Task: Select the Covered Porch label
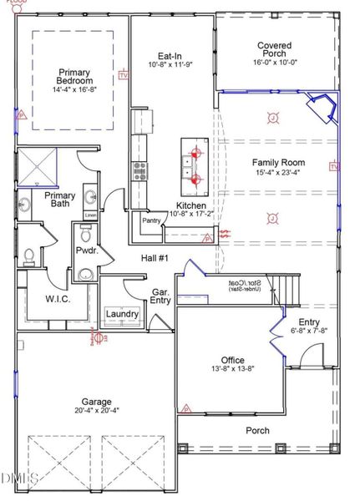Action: click(274, 51)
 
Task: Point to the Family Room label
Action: click(278, 162)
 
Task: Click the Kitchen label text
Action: click(191, 205)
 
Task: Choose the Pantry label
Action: click(152, 221)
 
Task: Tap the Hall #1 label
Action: click(155, 258)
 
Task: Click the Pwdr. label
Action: click(86, 249)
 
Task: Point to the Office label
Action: click(233, 361)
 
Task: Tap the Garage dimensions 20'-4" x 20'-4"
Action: click(96, 410)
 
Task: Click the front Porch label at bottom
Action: click(257, 431)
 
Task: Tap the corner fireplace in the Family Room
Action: click(321, 109)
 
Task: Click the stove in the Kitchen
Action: click(139, 170)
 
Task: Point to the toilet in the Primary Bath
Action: click(28, 253)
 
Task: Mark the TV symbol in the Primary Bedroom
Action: click(125, 75)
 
